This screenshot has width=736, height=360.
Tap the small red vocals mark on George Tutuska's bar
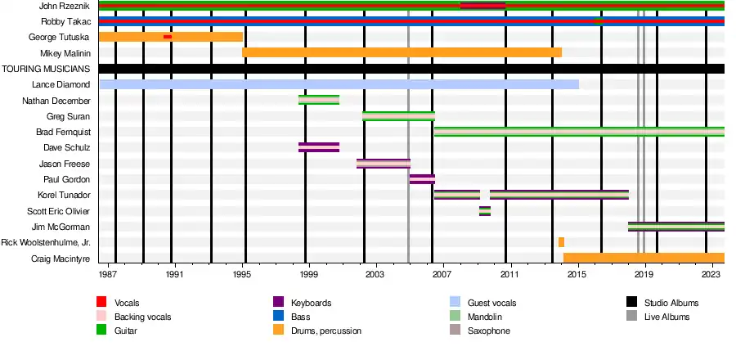click(x=168, y=37)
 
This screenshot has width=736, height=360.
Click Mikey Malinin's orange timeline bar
click(x=402, y=52)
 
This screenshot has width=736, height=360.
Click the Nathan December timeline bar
click(x=319, y=100)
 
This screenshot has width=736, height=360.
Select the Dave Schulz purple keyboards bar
click(x=319, y=147)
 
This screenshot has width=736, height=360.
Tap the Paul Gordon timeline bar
click(x=422, y=179)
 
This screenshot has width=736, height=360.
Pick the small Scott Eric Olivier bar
click(x=485, y=211)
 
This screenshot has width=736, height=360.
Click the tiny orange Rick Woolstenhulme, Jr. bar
click(x=561, y=242)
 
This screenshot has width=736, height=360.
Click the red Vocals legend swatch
click(x=101, y=303)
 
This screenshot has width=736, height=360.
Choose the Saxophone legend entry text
click(x=489, y=331)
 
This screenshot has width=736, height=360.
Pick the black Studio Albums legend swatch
click(x=631, y=303)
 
